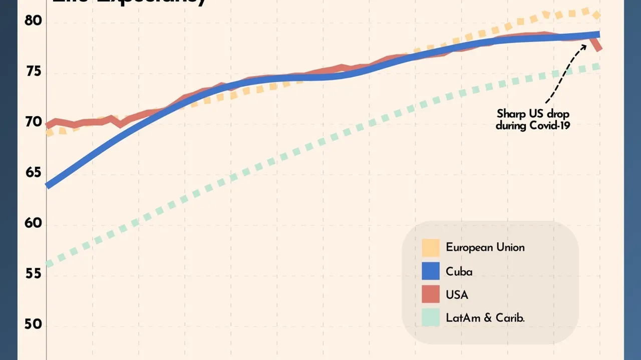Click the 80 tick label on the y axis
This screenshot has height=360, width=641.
point(33,21)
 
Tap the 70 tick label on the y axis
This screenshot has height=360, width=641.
point(33,122)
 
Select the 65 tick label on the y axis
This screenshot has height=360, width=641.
point(33,173)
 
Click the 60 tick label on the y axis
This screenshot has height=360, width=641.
point(33,223)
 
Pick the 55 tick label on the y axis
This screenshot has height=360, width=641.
point(33,274)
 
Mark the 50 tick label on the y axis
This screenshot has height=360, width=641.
point(33,324)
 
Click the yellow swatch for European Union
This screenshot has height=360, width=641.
point(430,247)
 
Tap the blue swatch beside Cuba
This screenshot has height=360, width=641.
point(430,271)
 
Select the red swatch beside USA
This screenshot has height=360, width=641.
point(430,294)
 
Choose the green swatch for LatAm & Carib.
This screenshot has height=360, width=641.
point(430,318)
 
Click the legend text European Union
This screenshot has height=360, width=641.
point(485,247)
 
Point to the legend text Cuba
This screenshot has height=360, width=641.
point(459,271)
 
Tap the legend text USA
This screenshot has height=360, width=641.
point(457,294)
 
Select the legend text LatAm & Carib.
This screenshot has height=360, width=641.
point(485,318)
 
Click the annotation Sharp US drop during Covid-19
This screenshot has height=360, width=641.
point(533,120)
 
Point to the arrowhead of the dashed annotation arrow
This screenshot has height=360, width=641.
point(585,45)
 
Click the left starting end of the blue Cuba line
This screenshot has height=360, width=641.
point(47,185)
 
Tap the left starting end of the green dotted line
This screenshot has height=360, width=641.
point(47,264)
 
